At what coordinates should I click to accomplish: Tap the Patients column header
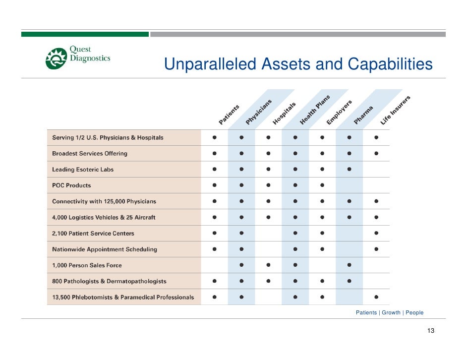click(229, 114)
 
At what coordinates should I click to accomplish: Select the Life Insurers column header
click(396, 110)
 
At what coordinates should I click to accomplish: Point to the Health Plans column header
click(315, 110)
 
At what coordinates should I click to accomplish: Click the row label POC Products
click(71, 185)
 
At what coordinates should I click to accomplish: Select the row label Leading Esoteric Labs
click(83, 170)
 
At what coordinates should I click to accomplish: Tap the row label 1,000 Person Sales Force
click(87, 265)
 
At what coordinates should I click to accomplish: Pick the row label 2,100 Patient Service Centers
click(93, 234)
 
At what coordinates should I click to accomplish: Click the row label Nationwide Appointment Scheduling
click(104, 249)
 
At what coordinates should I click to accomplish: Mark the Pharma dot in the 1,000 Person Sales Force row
click(350, 265)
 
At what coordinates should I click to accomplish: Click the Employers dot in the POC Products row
click(322, 185)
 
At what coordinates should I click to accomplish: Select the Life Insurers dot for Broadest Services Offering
click(377, 154)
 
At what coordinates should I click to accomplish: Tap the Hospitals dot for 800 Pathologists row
click(268, 281)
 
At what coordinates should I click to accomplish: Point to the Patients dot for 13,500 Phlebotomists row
click(214, 298)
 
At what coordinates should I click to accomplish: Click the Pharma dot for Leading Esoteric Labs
click(350, 170)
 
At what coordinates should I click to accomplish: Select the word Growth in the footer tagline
click(391, 313)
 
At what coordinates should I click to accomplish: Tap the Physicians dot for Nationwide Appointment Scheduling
click(241, 249)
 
